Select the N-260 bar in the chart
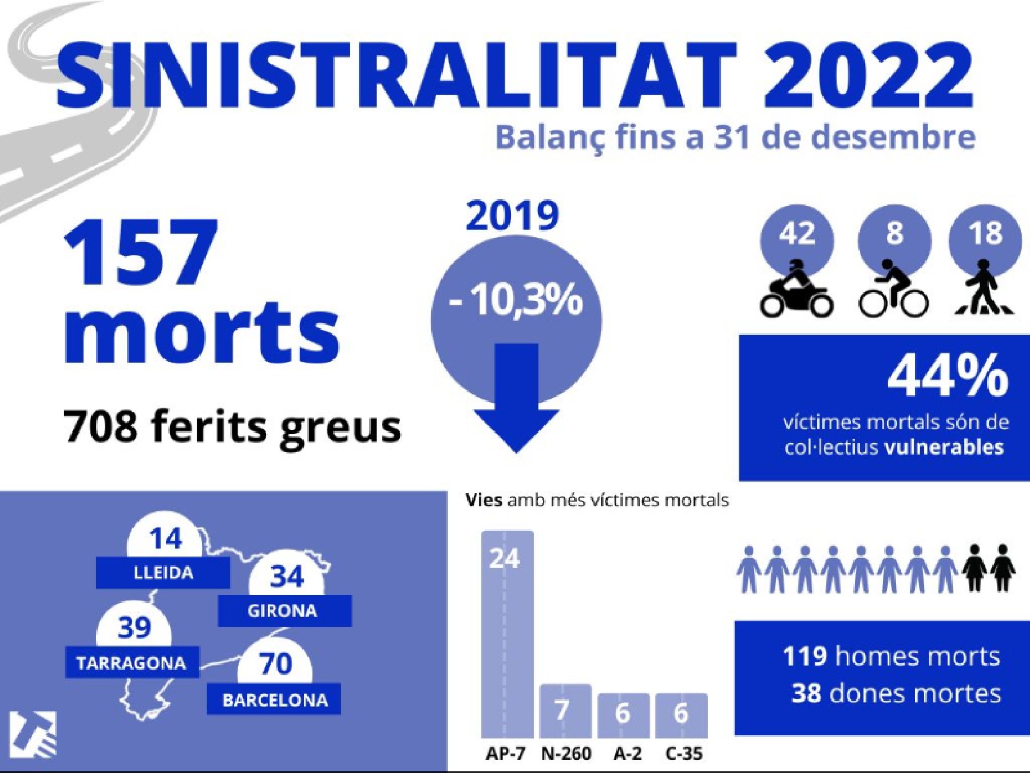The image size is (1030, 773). [565, 711]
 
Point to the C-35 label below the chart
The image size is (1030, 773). [684, 754]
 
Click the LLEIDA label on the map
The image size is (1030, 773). [163, 573]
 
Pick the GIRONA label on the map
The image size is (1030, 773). [284, 610]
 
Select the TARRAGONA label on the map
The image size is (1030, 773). [132, 663]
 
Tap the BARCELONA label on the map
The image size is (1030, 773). [274, 700]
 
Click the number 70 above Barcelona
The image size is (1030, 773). [276, 664]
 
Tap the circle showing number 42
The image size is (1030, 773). [797, 234]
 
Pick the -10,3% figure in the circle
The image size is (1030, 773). [516, 301]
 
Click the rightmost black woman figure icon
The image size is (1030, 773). [1003, 567]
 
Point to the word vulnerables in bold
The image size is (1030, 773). [944, 447]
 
